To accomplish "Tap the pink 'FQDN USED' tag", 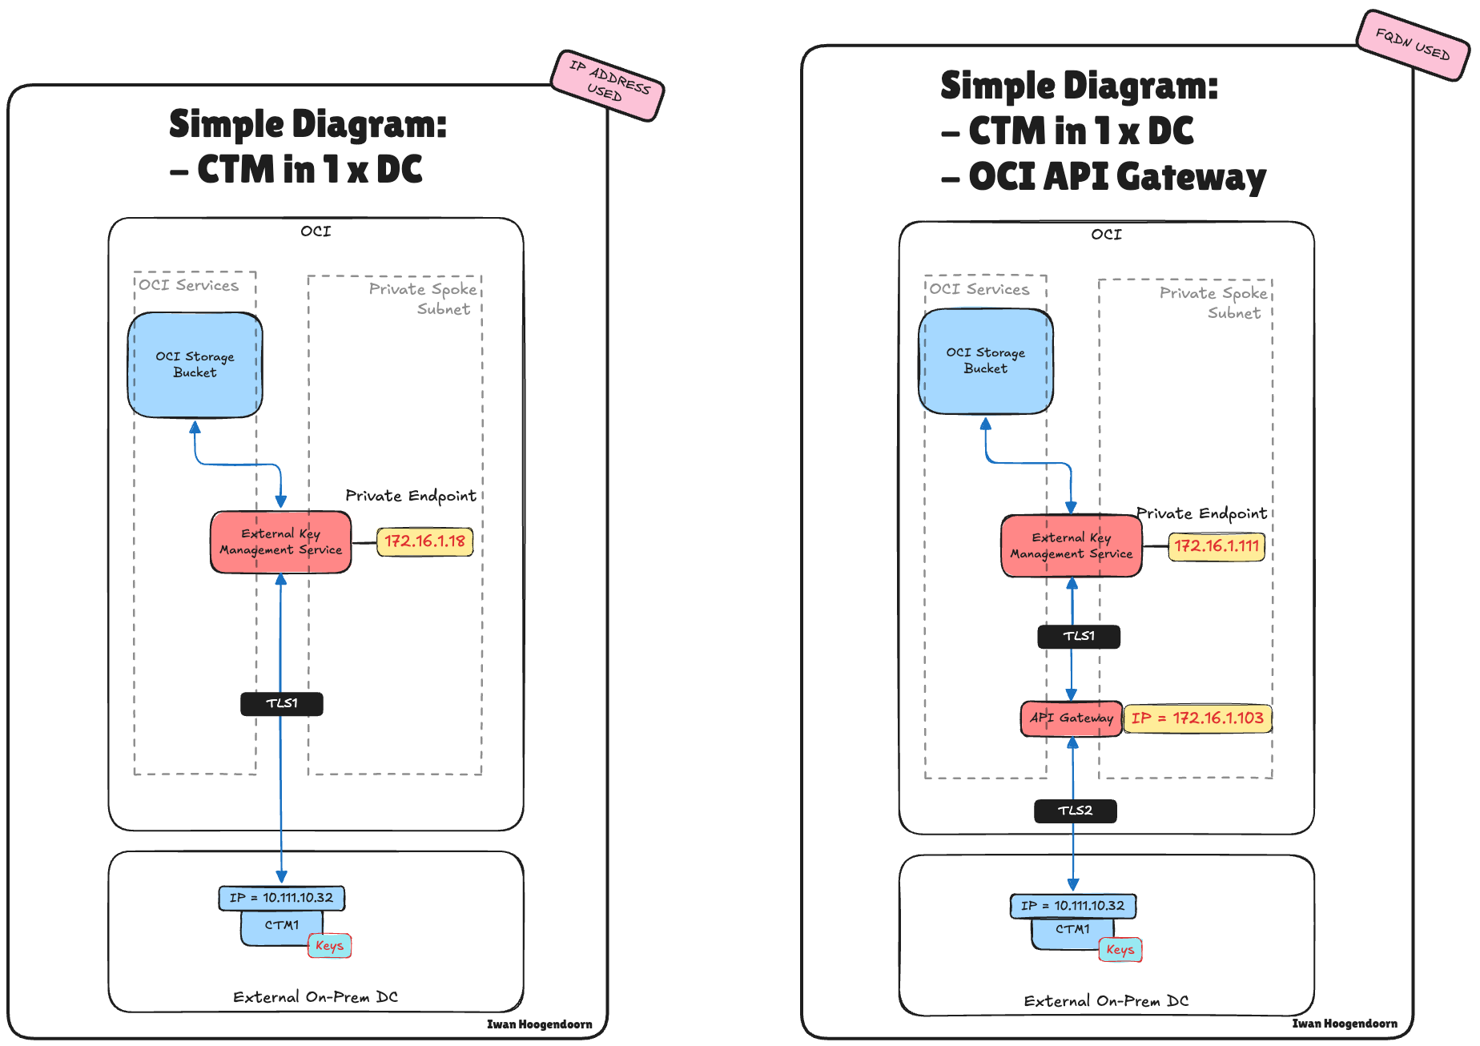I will (1413, 45).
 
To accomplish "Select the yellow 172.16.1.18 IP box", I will (424, 541).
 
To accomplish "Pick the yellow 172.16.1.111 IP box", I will (1216, 546).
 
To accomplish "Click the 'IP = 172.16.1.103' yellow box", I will (1197, 718).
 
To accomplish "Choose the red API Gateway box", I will (1071, 718).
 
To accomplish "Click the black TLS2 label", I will (1075, 811).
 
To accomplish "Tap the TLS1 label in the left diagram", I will (282, 704).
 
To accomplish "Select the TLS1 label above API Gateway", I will (1078, 637).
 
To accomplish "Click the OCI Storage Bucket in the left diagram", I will (195, 365).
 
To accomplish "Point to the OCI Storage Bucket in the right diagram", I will (985, 361).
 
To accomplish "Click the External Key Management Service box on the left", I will (280, 542).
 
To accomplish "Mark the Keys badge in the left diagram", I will (329, 946).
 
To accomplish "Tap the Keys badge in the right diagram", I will (1120, 950).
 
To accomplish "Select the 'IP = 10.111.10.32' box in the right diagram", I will (1072, 906).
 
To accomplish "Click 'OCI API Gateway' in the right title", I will (1116, 177).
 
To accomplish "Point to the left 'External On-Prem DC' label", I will (316, 997).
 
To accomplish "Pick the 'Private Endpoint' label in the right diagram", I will (1201, 513).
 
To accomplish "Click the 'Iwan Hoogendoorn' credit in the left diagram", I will (539, 1024).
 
